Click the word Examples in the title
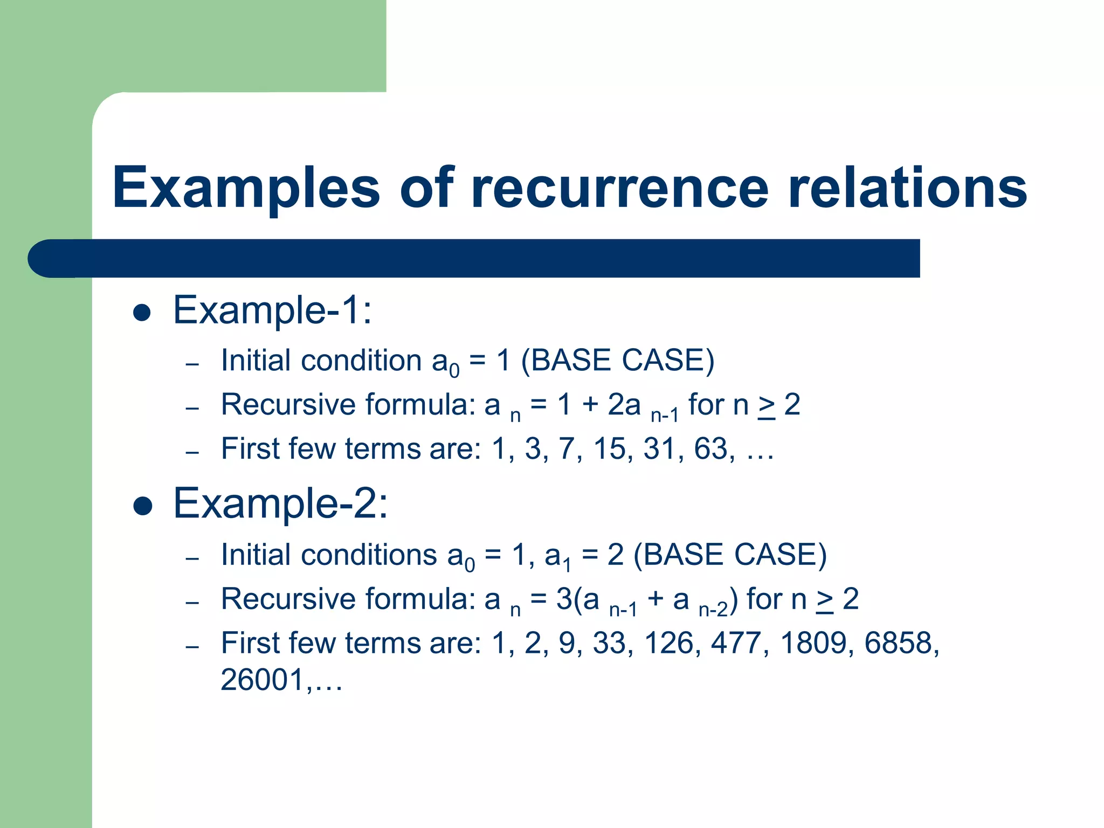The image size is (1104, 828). click(x=246, y=188)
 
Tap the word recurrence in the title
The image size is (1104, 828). click(x=619, y=188)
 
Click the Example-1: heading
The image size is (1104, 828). click(x=272, y=310)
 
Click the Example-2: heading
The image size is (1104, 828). click(x=280, y=503)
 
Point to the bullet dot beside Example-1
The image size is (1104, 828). click(x=142, y=313)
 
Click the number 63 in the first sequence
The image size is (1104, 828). click(x=710, y=449)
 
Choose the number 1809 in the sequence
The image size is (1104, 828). click(x=813, y=643)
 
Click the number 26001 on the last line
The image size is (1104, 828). click(x=263, y=680)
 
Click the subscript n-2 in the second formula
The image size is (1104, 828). click(x=713, y=610)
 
